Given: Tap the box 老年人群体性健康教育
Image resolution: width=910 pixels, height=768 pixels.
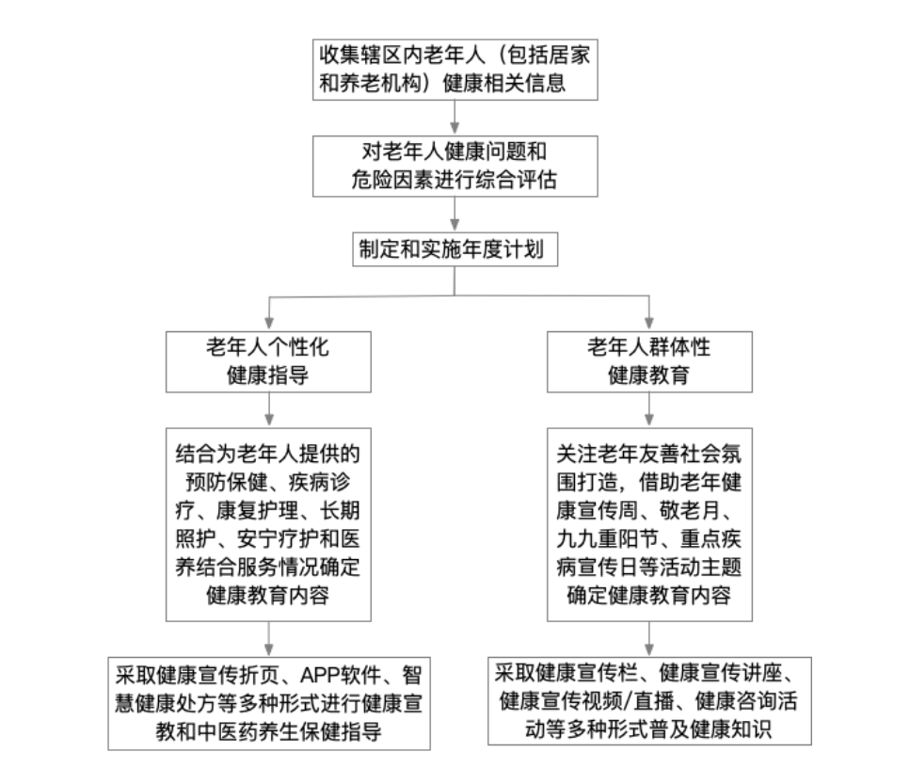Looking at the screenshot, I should (x=648, y=361).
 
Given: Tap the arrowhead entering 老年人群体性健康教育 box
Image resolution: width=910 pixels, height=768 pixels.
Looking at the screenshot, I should (x=648, y=322).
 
